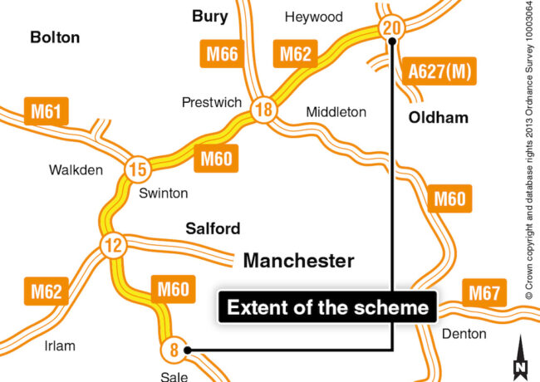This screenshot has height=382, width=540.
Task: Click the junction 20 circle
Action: pyautogui.click(x=391, y=28)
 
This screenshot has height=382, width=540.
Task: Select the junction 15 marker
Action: pyautogui.click(x=139, y=171)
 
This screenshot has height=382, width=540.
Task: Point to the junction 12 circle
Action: pyautogui.click(x=111, y=245)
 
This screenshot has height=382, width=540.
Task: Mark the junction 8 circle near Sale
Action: pyautogui.click(x=174, y=350)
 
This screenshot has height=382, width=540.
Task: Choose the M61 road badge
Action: pyautogui.click(x=49, y=110)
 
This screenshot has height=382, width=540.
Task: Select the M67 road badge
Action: pyautogui.click(x=485, y=293)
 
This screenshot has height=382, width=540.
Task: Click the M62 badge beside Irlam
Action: pyautogui.click(x=47, y=292)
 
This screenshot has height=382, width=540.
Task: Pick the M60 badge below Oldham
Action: pyautogui.click(x=449, y=199)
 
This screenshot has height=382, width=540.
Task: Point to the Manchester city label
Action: pyautogui.click(x=298, y=261)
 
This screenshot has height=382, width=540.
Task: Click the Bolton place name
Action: pyautogui.click(x=55, y=37)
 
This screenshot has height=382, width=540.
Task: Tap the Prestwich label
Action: pyautogui.click(x=212, y=102)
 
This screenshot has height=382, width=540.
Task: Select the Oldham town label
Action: pyautogui.click(x=438, y=118)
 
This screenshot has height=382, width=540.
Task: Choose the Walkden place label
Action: pyautogui.click(x=76, y=170)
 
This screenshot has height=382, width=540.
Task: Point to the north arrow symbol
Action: pyautogui.click(x=521, y=358)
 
